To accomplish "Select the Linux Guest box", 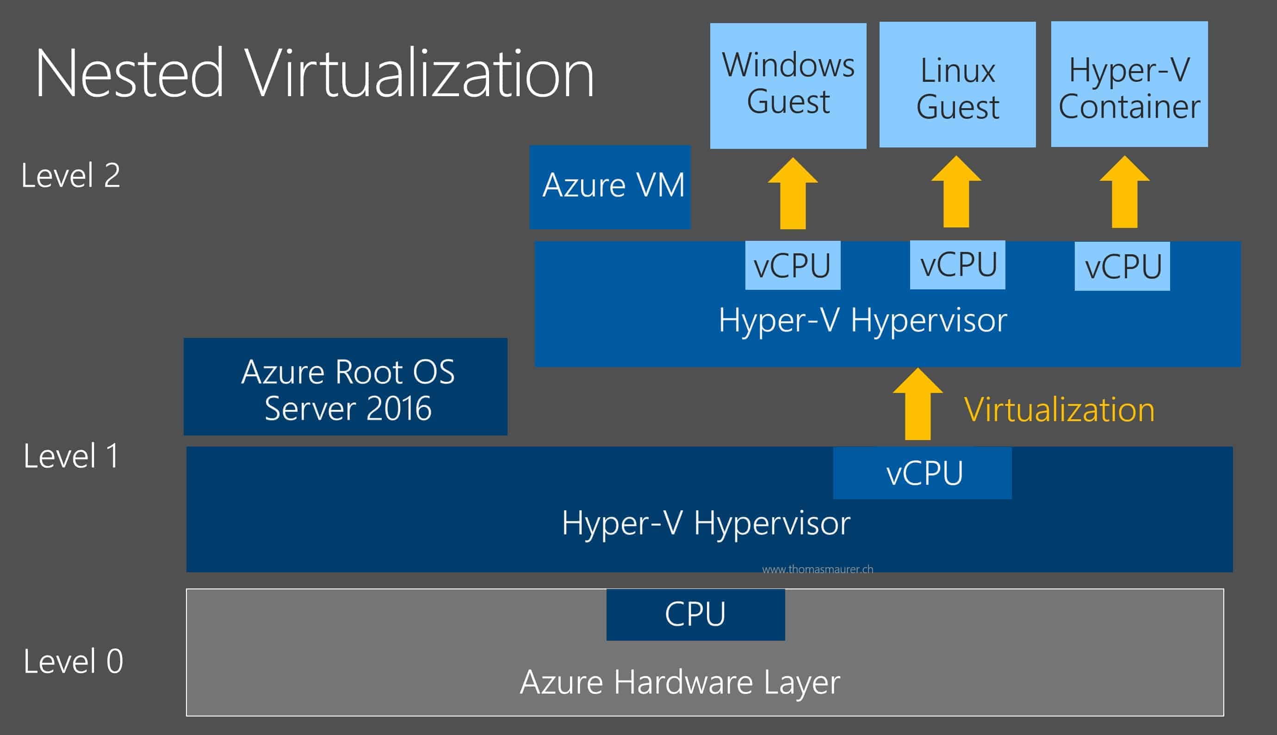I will point(957,85).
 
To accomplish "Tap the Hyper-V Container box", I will point(1129,85).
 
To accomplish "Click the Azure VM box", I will point(610,186).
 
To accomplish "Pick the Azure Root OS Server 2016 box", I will point(346,386).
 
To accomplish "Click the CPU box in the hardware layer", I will point(695,614).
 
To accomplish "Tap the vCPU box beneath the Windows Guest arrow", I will point(793,265).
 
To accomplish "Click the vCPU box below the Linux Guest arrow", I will point(957,264).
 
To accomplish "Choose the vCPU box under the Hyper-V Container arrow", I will point(1122,266).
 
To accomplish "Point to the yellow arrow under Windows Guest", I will point(793,194).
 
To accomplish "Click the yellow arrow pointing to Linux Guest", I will point(956,193).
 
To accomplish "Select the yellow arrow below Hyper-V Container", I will point(1124,193).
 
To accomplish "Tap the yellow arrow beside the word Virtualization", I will point(917,405).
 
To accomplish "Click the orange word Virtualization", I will point(1059,409).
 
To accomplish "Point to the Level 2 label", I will point(71,176).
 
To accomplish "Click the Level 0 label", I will point(73,661).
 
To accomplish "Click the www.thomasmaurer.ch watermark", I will point(817,570).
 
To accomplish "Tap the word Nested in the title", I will point(129,73).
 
